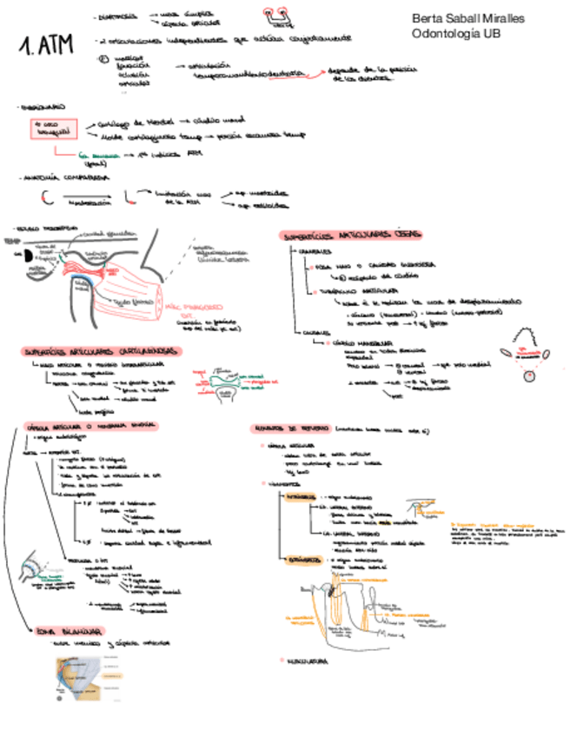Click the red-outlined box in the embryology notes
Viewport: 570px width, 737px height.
[x=53, y=129]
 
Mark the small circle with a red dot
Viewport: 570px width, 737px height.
[x=527, y=375]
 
